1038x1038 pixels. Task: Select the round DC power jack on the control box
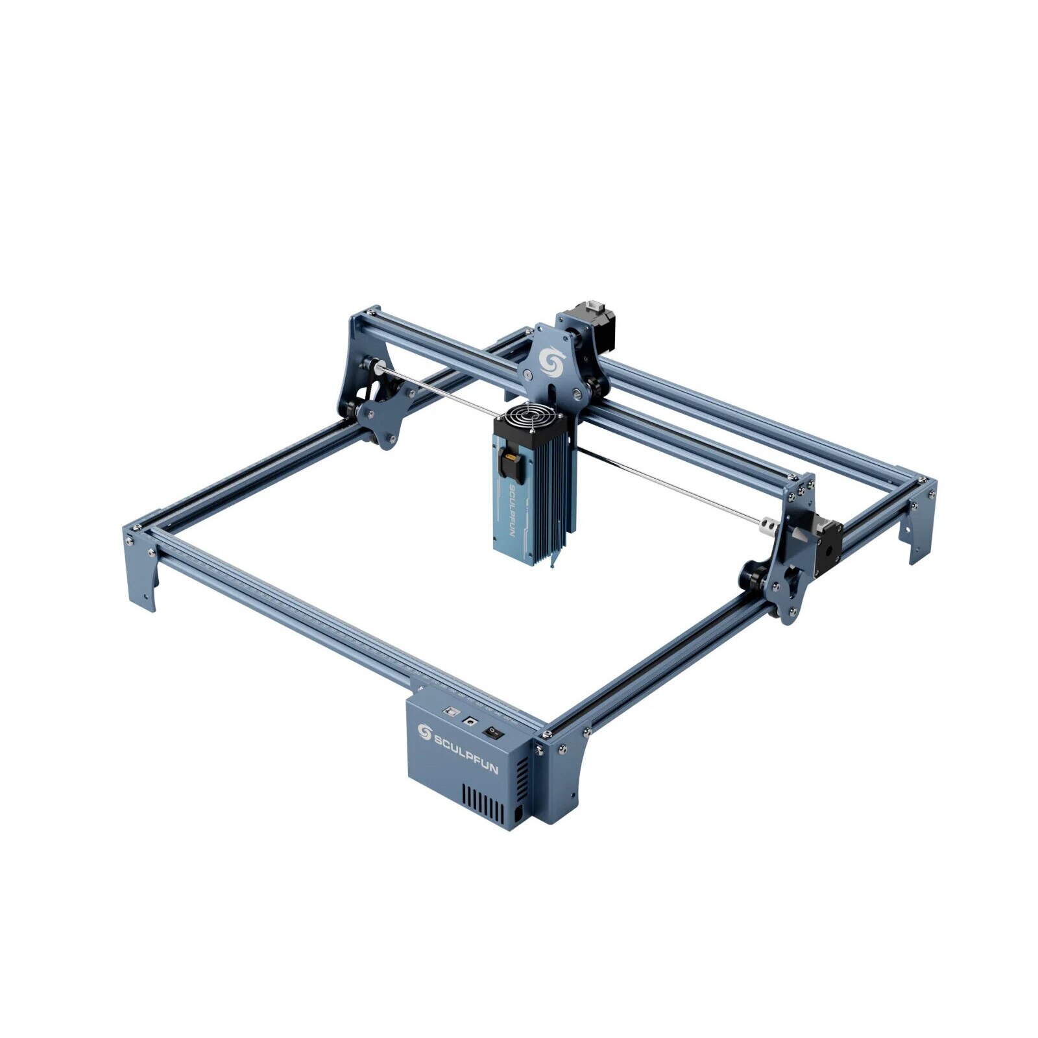[x=468, y=720]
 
